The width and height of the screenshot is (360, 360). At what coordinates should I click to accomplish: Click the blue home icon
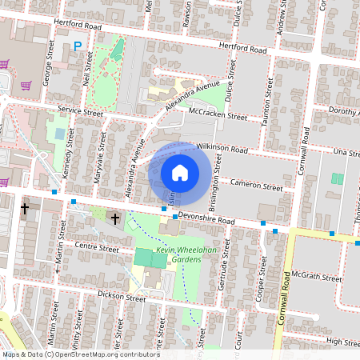[180, 172]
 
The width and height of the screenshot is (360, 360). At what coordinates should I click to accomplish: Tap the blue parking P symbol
[78, 46]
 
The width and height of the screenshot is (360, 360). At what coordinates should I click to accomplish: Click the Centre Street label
[95, 249]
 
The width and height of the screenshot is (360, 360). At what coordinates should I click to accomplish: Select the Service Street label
[80, 113]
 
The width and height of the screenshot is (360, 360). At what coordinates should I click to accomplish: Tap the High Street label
[344, 342]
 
